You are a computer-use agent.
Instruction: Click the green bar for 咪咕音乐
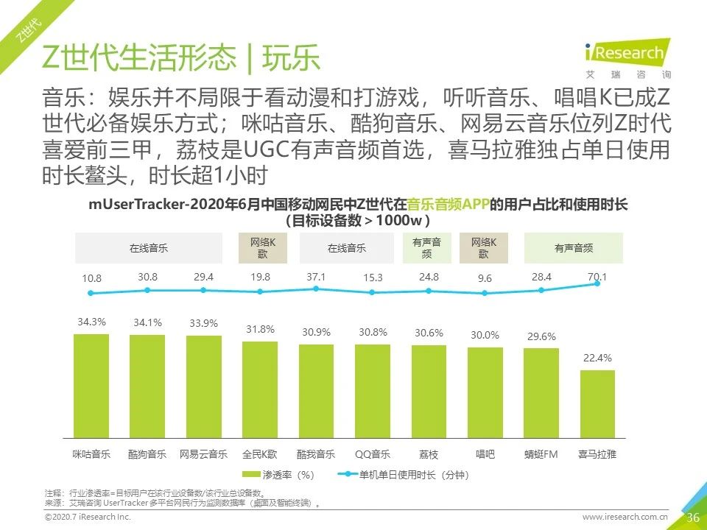coord(91,387)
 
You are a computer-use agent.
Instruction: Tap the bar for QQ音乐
coord(373,392)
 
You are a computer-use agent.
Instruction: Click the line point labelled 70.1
coord(597,283)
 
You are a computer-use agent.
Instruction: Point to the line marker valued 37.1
coord(316,289)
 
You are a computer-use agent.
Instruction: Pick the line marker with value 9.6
coord(485,292)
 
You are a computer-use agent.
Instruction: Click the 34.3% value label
coord(91,322)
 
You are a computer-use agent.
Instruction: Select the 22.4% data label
coord(597,358)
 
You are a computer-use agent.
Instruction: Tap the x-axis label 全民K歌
coord(260,454)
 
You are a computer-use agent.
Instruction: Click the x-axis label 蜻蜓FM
coord(541,454)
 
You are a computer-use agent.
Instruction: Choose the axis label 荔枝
coord(429,454)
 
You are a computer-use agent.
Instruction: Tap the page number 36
coord(692,517)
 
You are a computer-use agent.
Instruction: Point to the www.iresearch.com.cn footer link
coord(625,517)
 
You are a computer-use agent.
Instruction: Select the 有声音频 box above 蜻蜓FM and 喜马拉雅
coord(573,248)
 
